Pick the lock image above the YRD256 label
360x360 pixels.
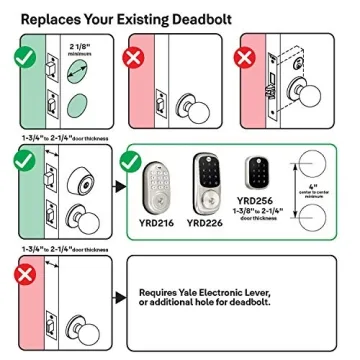[x=258, y=172]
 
